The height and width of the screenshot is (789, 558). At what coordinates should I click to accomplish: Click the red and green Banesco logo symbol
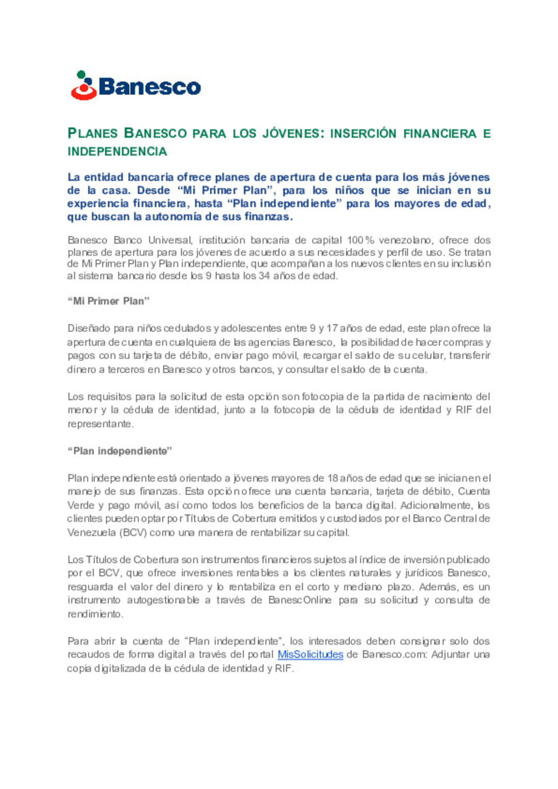[x=84, y=86]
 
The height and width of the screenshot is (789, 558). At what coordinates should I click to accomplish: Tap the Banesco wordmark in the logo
[x=149, y=87]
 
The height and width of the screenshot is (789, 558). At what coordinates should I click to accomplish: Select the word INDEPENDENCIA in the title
[x=117, y=152]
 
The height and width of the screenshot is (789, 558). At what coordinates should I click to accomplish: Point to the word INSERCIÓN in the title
[x=363, y=134]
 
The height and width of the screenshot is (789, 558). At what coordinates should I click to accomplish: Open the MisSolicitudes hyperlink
[x=310, y=655]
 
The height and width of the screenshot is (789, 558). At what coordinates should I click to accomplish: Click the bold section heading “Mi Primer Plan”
[x=109, y=301]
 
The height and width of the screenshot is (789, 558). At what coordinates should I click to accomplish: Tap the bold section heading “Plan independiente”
[x=119, y=451]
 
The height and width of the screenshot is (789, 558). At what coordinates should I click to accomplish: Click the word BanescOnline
[x=300, y=600]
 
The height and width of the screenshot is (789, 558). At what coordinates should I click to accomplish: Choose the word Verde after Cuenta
[x=81, y=506]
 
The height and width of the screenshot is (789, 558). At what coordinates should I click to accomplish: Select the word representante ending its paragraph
[x=100, y=424]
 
